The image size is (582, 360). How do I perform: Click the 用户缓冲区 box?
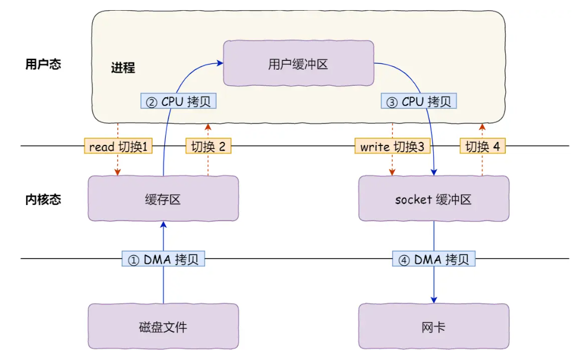point(298,64)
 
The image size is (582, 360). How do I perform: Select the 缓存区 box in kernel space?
point(163,199)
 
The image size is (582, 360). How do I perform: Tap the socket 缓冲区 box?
point(433,199)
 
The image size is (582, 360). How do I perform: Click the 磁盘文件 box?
point(163,327)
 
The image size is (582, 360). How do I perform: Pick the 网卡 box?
point(433,327)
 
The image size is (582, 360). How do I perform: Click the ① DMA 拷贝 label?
point(163,259)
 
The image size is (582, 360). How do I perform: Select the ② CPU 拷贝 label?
point(178,101)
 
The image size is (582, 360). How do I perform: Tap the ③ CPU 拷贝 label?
point(419,101)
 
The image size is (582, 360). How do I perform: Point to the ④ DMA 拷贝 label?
point(434,259)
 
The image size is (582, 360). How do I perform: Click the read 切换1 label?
point(118,146)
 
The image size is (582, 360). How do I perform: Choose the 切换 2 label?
point(208,146)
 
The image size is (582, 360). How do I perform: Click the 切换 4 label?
point(482,146)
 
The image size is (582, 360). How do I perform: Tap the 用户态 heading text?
point(43,64)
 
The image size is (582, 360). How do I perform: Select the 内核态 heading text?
point(43,199)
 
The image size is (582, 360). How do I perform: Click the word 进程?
point(123,68)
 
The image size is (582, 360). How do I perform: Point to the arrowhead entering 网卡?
point(434,300)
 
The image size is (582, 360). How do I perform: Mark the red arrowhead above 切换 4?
point(482,126)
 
